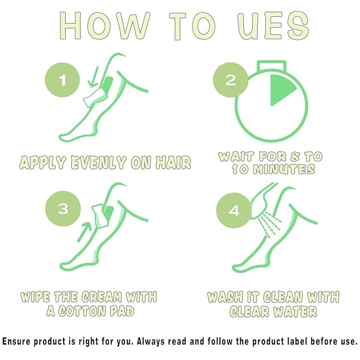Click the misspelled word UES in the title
(x=273, y=25)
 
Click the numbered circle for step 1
(x=62, y=80)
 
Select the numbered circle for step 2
(x=231, y=80)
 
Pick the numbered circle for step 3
(x=63, y=208)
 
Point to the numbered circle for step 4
(x=234, y=210)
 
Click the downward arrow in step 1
(x=94, y=77)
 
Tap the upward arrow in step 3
(x=84, y=231)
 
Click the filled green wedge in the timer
(x=283, y=90)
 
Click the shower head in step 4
(x=262, y=201)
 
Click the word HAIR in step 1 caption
(x=173, y=163)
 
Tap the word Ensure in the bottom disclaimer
(x=16, y=341)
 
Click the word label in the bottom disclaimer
(x=296, y=341)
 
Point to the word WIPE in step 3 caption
(x=35, y=297)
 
